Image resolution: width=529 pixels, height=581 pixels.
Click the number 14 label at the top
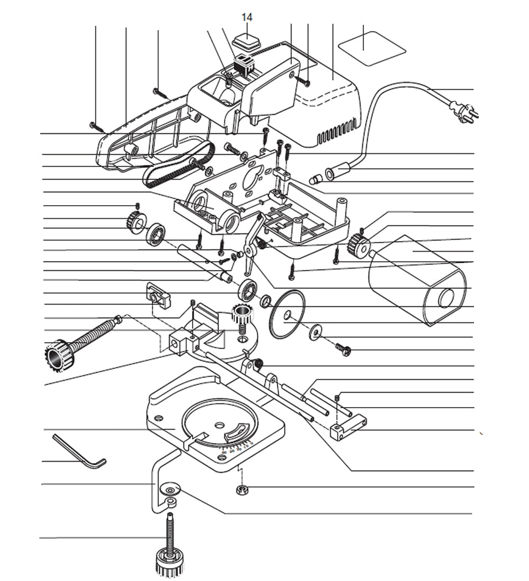pos(247,17)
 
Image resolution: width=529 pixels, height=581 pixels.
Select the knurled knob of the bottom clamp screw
pos(169,562)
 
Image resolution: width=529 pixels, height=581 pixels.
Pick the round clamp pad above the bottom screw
pos(171,487)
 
